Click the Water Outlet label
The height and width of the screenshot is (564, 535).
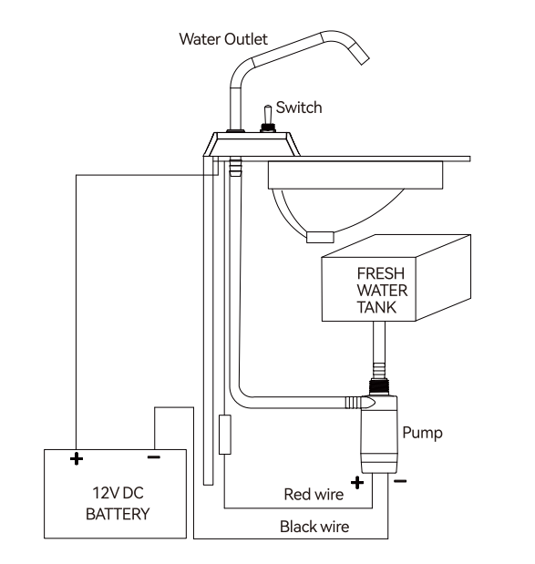pyautogui.click(x=223, y=39)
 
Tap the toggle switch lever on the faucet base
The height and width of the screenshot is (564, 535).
pyautogui.click(x=268, y=115)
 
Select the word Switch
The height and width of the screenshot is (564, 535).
pyautogui.click(x=299, y=108)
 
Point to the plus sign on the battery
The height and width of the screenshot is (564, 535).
pyautogui.click(x=77, y=458)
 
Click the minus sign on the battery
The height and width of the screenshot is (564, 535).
pyautogui.click(x=154, y=457)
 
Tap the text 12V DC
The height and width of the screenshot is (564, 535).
pyautogui.click(x=118, y=493)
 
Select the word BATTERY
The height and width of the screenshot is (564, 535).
pyautogui.click(x=118, y=514)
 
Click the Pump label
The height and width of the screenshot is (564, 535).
pyautogui.click(x=422, y=433)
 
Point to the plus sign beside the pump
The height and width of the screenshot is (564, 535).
pyautogui.click(x=357, y=483)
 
